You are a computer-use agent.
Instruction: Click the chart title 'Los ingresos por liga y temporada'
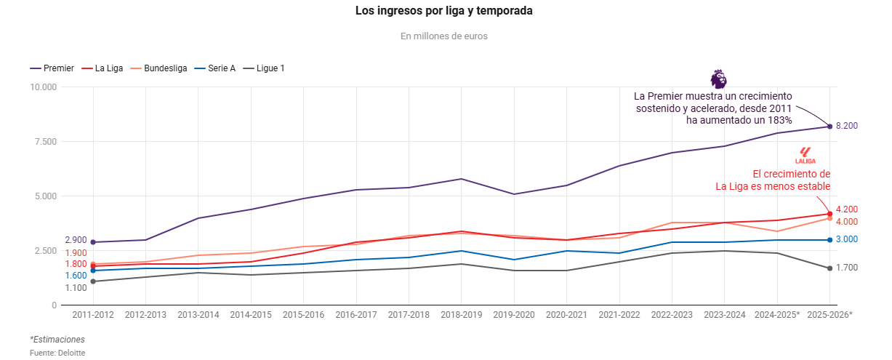coord(443,11)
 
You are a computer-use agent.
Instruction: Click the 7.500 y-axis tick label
coord(45,142)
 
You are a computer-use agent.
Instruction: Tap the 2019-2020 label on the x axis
coord(514,315)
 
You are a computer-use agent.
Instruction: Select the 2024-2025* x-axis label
coord(777,315)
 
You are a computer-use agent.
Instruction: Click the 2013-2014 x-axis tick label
coord(198,315)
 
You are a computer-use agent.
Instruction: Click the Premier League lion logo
coord(718,79)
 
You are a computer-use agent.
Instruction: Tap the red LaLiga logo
coord(805,155)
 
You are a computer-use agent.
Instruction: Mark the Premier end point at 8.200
coord(829,127)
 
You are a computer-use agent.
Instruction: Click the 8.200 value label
coord(847,126)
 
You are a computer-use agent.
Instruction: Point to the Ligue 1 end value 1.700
coord(847,268)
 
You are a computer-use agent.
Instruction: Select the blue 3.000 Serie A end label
coord(847,239)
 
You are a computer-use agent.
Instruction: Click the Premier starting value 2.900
coord(76,240)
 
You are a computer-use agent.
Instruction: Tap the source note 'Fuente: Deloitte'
coord(57,353)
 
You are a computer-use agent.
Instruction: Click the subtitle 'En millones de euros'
coord(443,36)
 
